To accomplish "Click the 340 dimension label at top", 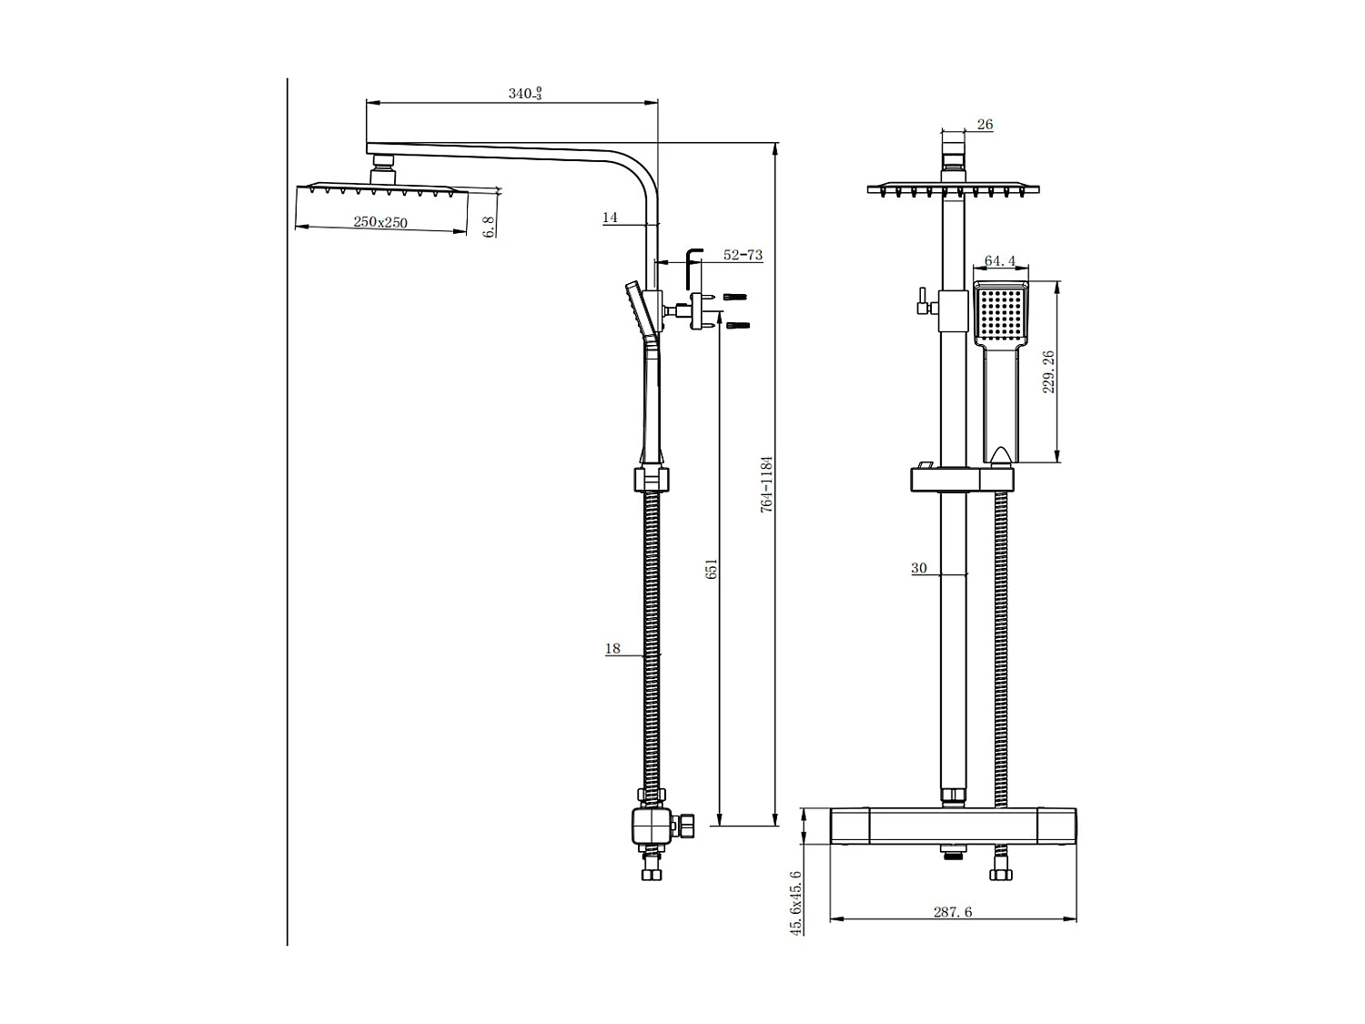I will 524,94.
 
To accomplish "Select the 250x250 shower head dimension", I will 380,222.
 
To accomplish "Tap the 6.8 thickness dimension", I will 489,226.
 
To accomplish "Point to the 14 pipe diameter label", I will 610,218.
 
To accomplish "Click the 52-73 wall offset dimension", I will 742,256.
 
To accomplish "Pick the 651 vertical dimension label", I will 712,569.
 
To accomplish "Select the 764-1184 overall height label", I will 767,484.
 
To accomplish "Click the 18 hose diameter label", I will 612,649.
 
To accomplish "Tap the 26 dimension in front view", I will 984,125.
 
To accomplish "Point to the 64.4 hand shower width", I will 999,262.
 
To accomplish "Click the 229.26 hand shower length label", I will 1047,371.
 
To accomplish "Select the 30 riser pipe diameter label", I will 918,569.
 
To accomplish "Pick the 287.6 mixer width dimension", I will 953,912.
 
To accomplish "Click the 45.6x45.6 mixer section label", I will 795,902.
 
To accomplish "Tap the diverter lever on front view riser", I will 922,301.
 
